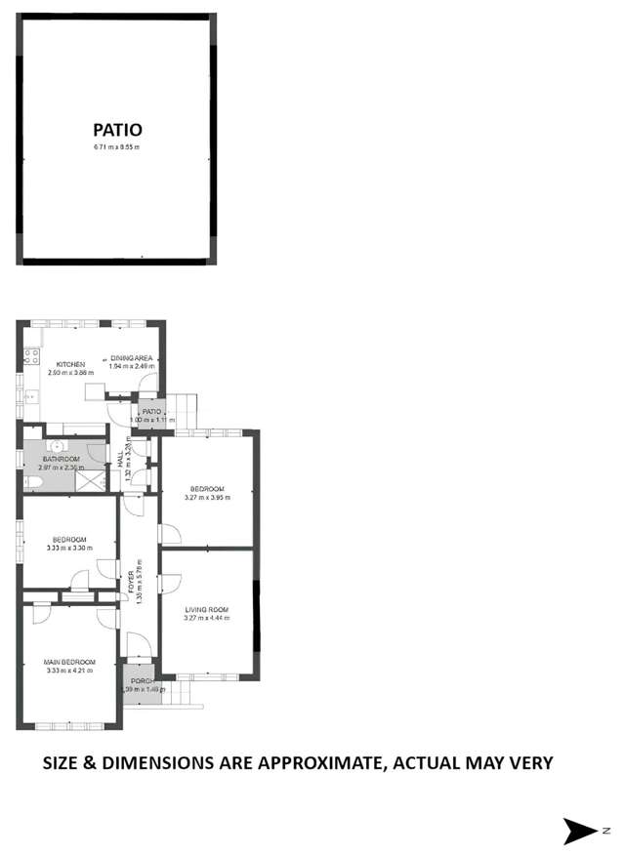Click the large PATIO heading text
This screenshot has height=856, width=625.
click(x=118, y=129)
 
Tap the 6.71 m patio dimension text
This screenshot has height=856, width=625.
click(x=117, y=147)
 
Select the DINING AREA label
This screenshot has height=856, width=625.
click(x=129, y=357)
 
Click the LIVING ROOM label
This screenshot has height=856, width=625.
click(x=207, y=610)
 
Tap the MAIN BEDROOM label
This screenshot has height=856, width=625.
click(x=69, y=662)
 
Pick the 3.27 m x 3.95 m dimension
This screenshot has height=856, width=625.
click(x=207, y=497)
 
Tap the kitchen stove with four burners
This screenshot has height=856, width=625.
click(x=31, y=356)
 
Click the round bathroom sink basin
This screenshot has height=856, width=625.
click(x=59, y=446)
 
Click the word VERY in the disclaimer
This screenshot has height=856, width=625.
click(x=528, y=763)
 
